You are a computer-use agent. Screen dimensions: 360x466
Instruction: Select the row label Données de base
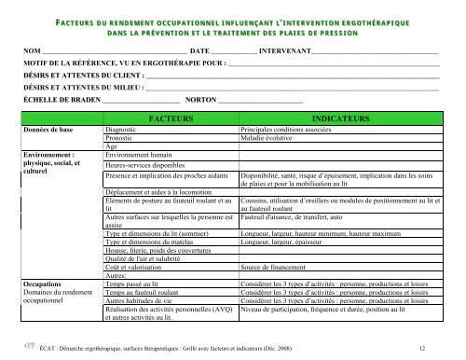point(48,131)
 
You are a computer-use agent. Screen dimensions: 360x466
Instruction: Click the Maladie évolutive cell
point(270,138)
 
